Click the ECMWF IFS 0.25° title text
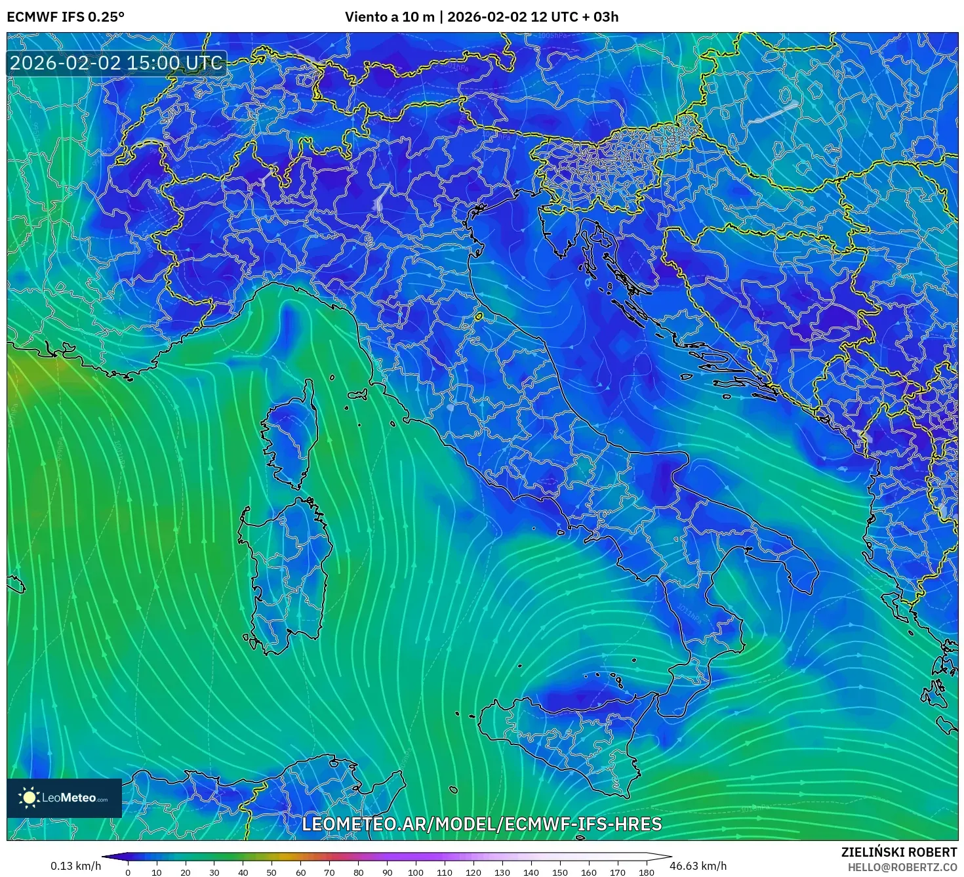[x=66, y=17]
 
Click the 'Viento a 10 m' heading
[x=390, y=17]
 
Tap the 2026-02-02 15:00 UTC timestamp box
[x=116, y=63]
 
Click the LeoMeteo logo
[x=64, y=798]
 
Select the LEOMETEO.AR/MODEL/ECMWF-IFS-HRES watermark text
[x=481, y=824]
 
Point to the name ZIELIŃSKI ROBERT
[x=898, y=852]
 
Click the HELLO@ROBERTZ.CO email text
[x=902, y=867]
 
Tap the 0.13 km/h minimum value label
[x=75, y=866]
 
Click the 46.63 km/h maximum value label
[x=698, y=866]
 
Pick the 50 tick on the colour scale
[x=271, y=872]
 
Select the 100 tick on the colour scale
[x=416, y=872]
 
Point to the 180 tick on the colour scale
[x=647, y=872]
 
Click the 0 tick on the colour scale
[x=128, y=872]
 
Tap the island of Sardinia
[x=285, y=571]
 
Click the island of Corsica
[x=292, y=433]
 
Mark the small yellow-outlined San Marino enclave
[x=478, y=317]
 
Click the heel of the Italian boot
[x=797, y=564]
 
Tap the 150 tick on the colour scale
[x=560, y=872]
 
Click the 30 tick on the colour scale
[x=214, y=872]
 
